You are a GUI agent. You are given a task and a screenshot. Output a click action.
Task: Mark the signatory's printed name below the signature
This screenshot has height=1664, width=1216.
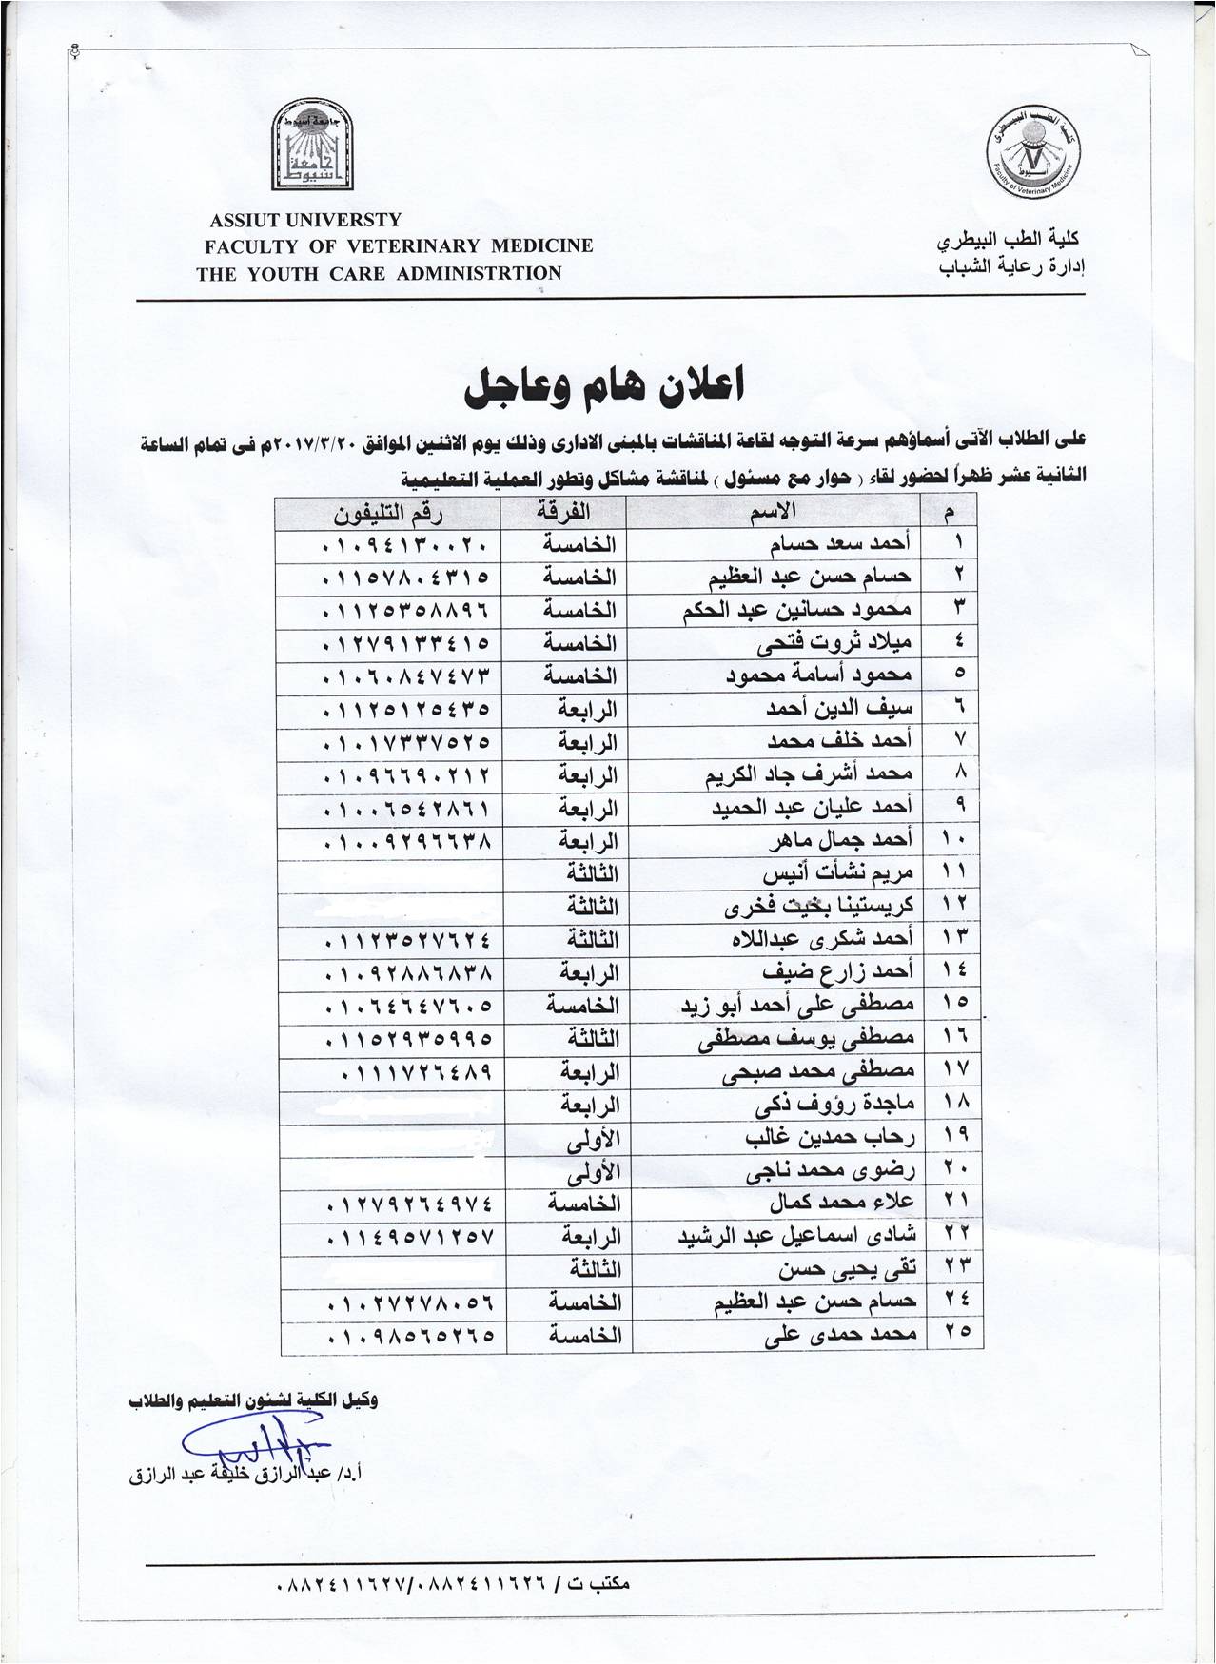click(254, 1477)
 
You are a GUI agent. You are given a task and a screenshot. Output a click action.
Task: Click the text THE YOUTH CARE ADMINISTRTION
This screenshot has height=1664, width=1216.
click(379, 273)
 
